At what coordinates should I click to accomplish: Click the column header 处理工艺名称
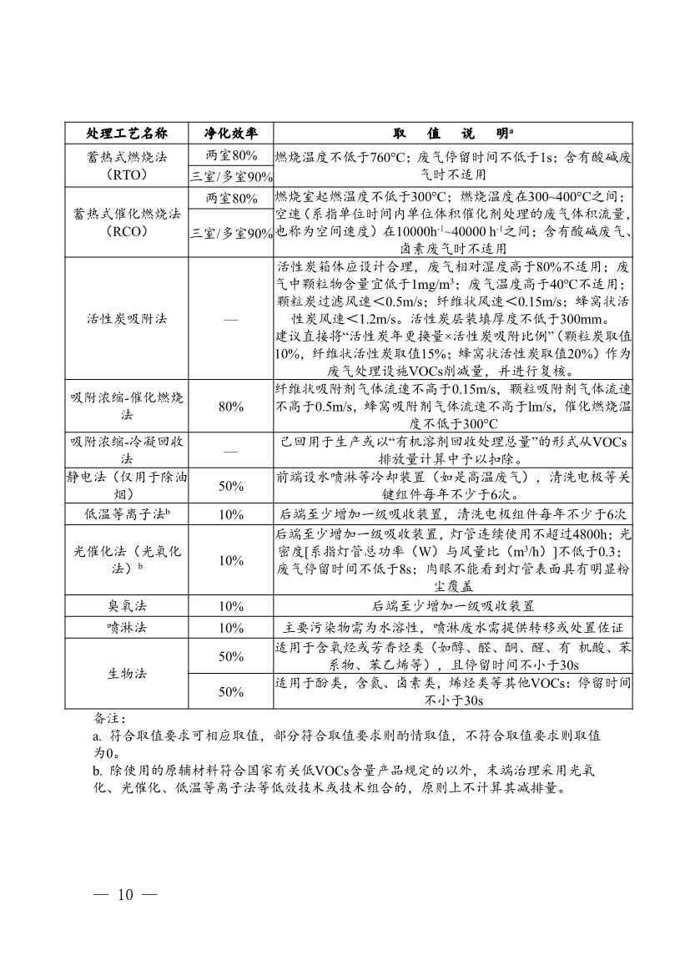coord(127,134)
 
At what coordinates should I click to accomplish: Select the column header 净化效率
coord(231,134)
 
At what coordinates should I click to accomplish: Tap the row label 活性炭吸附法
coord(127,319)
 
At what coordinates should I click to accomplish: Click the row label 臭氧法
coord(127,605)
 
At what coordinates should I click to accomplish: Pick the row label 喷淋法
coord(127,627)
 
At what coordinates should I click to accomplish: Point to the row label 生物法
coord(127,673)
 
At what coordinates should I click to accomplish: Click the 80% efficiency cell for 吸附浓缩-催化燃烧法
coord(231,407)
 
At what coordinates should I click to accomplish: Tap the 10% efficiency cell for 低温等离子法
coord(231,514)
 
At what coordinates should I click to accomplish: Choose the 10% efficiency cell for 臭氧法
coord(231,605)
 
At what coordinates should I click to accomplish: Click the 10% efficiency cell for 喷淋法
coord(231,627)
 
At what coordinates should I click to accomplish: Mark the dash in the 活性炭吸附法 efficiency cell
coord(231,320)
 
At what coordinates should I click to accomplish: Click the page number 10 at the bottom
coord(126,895)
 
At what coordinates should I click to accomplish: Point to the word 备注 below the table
coord(108,718)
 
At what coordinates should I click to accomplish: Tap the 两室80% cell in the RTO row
coord(231,155)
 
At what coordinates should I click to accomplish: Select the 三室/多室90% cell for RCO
coord(231,234)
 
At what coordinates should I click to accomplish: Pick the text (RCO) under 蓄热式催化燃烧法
coord(127,233)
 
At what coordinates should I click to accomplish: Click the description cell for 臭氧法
coord(452,605)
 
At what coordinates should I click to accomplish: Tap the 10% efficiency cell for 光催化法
coord(231,560)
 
